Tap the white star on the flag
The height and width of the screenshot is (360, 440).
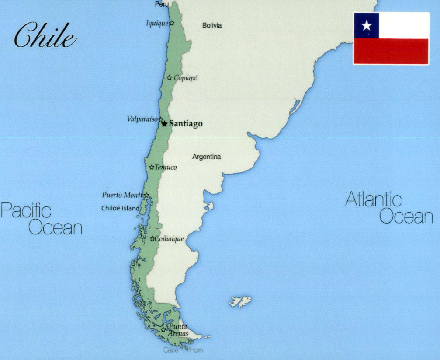click(x=367, y=26)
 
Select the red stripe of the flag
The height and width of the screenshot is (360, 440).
click(x=391, y=51)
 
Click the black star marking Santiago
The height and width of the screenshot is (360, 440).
click(x=164, y=124)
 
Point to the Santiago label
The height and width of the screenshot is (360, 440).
click(x=186, y=124)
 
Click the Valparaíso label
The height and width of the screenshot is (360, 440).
click(x=142, y=119)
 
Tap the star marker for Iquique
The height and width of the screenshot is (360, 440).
click(x=172, y=23)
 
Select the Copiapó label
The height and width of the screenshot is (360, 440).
click(x=186, y=78)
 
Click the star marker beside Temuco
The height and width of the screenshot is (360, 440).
click(x=152, y=167)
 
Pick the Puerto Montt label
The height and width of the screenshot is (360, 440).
click(x=122, y=195)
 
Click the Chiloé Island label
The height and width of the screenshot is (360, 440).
click(x=121, y=208)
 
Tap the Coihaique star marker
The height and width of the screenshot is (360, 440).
click(x=152, y=238)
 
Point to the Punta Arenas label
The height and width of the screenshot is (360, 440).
click(x=178, y=330)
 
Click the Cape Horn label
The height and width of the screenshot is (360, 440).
click(x=183, y=350)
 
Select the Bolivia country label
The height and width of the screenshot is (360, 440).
click(x=212, y=25)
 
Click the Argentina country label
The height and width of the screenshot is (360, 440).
click(x=207, y=157)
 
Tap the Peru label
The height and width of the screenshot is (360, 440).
click(x=162, y=4)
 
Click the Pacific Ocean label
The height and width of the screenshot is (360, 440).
click(x=41, y=219)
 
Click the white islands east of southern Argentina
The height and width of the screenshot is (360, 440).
click(x=241, y=301)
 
